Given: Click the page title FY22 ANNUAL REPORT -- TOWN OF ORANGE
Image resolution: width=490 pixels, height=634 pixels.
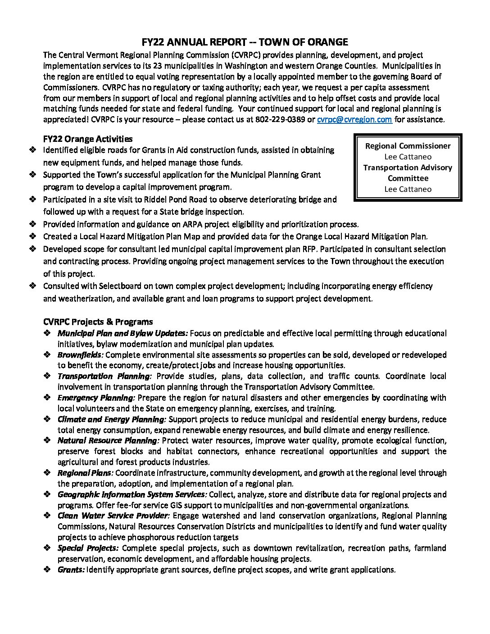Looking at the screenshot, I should (245, 42).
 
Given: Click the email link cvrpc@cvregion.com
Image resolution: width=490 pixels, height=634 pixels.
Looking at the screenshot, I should (354, 120).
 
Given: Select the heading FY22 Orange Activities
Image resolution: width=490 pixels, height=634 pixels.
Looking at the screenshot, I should (88, 139).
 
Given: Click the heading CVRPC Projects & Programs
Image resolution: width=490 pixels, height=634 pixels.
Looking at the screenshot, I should (98, 322).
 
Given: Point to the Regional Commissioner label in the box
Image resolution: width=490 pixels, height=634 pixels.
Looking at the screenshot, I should (408, 146).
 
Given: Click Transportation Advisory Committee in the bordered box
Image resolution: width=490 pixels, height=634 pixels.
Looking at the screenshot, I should (408, 172).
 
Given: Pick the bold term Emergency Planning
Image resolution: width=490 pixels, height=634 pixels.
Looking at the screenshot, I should (96, 398).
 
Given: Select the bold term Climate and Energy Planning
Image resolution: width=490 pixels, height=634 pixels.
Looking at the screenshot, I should (112, 419).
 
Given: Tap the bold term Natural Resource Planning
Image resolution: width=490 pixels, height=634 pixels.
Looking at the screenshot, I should (108, 440).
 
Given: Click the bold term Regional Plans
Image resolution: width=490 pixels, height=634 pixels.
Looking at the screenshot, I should (85, 473).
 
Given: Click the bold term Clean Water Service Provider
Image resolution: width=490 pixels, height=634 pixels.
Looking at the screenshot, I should (113, 516).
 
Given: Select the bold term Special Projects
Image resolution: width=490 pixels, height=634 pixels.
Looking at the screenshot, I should (88, 548).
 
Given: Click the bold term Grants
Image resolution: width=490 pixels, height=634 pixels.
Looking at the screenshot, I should (71, 570).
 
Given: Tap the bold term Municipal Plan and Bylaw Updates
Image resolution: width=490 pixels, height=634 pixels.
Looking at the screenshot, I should (122, 333).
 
